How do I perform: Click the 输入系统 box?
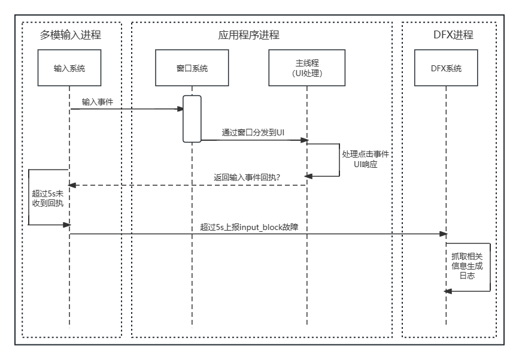69,68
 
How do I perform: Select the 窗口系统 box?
192,68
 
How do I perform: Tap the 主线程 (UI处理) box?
306,68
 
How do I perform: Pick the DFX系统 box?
446,68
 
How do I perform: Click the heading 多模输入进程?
71,35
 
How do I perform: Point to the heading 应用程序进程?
249,35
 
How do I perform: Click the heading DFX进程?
453,35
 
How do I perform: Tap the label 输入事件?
98,102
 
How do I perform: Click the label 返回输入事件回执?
247,177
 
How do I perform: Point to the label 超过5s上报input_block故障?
254,227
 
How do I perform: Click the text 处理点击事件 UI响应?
365,159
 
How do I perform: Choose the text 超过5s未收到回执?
47,198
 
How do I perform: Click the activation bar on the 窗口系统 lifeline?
192,119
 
